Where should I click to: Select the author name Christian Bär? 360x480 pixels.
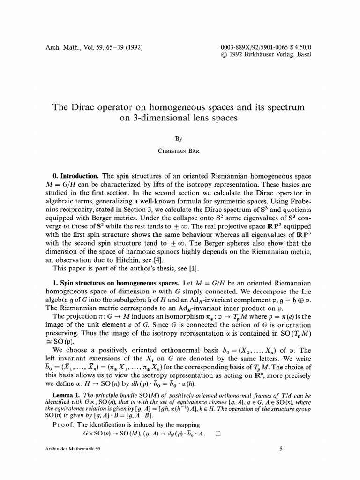(180, 151)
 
